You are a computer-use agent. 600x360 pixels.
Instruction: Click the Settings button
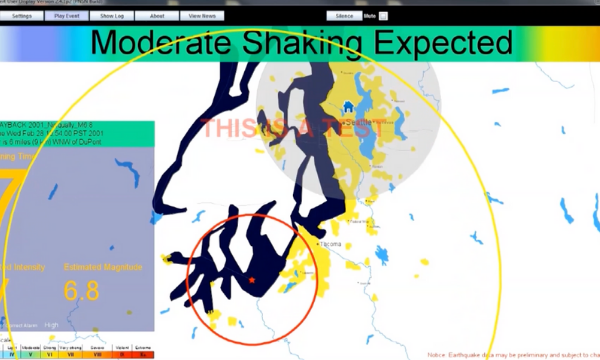[21, 16]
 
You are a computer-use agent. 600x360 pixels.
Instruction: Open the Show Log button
[111, 16]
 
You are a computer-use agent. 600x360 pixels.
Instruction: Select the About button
[157, 16]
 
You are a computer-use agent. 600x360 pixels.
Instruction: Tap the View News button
[204, 16]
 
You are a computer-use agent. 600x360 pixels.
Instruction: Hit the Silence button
[344, 16]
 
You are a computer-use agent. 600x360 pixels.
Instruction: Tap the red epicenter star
[251, 280]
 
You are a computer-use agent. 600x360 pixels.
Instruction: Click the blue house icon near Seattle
[348, 107]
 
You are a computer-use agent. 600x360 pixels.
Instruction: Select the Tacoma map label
[331, 243]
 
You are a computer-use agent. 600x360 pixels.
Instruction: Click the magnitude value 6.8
[84, 291]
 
